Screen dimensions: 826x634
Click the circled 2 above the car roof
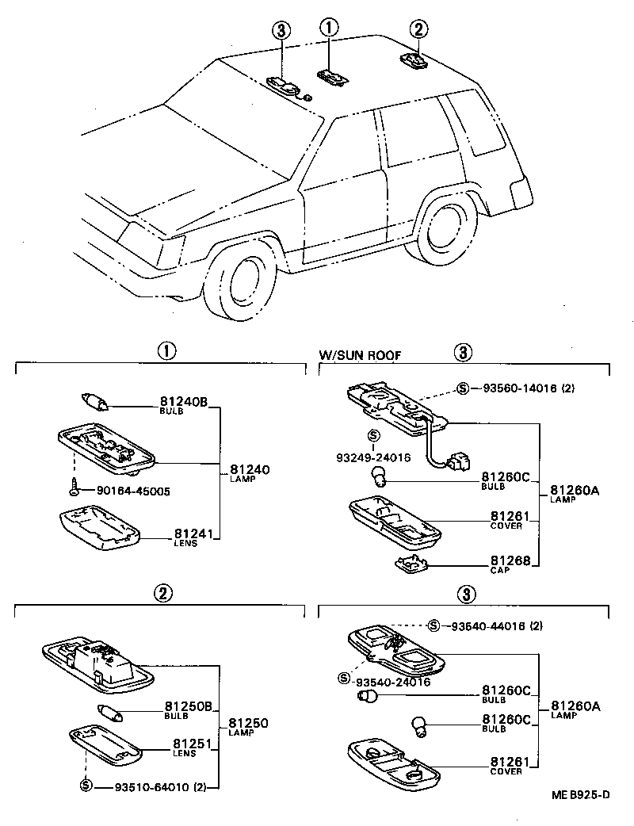click(x=418, y=30)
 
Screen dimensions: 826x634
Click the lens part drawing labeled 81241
click(x=100, y=529)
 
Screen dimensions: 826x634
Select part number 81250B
click(x=190, y=706)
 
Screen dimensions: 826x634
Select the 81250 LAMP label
click(x=248, y=727)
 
